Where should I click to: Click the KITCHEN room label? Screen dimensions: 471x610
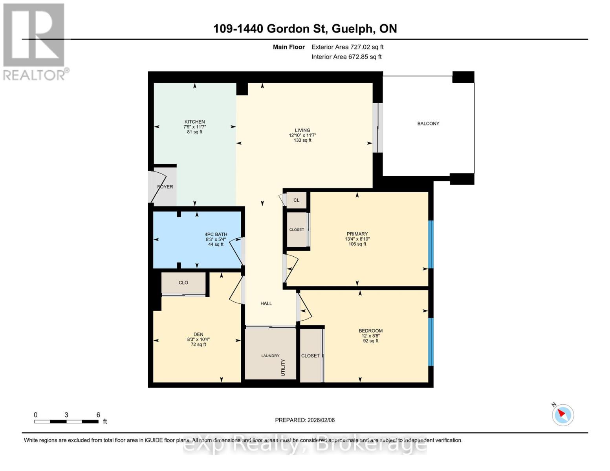[194, 122]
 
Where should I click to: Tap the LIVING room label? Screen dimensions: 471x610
[302, 130]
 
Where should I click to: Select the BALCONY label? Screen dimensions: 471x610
[428, 124]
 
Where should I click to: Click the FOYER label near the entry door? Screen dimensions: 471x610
[165, 187]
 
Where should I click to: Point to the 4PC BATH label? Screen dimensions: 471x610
[216, 234]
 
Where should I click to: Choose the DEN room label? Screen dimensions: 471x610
[198, 334]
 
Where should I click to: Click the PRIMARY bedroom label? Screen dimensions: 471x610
[357, 234]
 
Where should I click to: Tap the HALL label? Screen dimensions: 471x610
[266, 303]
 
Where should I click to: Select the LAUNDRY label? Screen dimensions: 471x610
[270, 356]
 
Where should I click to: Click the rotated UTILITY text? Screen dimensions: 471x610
[283, 367]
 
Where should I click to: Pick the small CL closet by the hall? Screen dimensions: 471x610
[296, 200]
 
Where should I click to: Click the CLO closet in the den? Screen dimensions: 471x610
[183, 283]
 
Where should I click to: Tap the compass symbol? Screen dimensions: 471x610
[563, 414]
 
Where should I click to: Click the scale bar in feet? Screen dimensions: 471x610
[66, 422]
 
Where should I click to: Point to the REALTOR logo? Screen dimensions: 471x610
[35, 42]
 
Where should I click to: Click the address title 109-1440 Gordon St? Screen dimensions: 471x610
[305, 29]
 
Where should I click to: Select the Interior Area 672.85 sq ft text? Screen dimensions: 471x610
[346, 57]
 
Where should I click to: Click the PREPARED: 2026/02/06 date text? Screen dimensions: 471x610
[305, 420]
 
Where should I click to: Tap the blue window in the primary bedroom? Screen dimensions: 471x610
[430, 244]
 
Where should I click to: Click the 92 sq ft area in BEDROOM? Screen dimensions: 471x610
[370, 341]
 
